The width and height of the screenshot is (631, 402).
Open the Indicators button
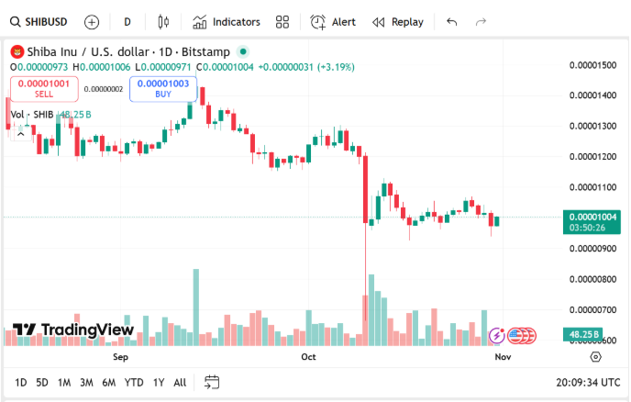227,21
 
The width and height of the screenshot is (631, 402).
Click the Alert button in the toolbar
333,21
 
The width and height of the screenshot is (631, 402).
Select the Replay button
398,21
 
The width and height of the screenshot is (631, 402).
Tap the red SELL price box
44,88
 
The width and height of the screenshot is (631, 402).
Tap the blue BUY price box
163,88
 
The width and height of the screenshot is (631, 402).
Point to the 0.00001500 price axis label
592,64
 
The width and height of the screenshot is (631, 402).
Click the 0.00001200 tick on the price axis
592,156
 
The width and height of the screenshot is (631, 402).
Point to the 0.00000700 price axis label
592,309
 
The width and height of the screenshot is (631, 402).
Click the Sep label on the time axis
120,356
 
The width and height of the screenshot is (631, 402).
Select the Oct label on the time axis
309,356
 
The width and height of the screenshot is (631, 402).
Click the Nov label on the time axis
503,356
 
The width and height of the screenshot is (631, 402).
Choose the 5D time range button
42,382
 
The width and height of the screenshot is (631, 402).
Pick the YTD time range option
134,382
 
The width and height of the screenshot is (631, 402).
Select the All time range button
180,382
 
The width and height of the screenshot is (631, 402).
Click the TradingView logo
73,330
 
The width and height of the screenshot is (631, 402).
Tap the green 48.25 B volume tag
584,334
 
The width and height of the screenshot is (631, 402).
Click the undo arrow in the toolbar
451,21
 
